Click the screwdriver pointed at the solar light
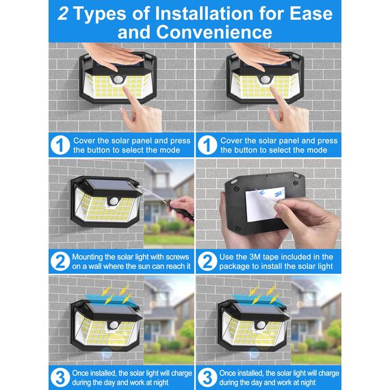(x=164, y=199)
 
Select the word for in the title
(x=276, y=14)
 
